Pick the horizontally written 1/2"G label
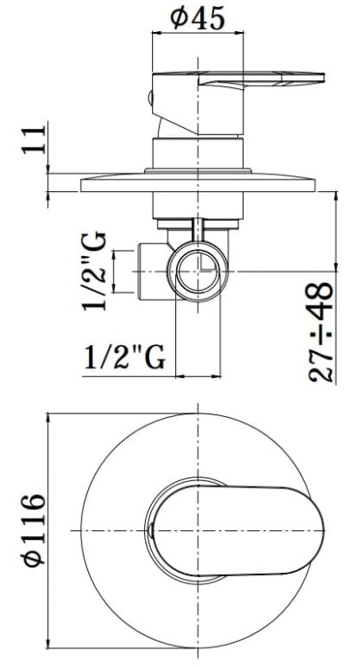(124, 358)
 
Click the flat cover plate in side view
(200, 185)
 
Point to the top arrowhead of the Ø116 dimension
(51, 418)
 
